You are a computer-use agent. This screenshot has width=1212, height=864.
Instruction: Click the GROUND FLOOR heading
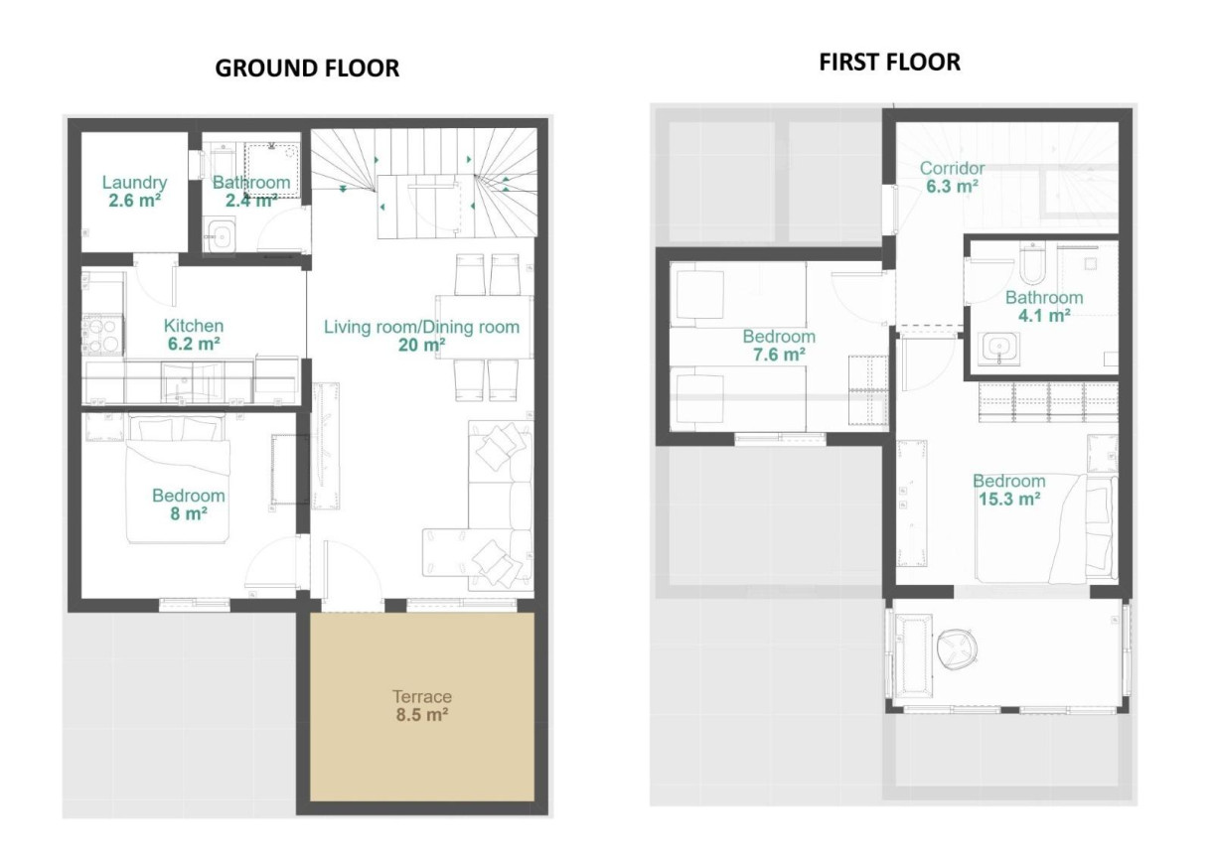(307, 69)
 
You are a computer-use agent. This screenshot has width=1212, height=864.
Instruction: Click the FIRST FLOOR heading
(889, 63)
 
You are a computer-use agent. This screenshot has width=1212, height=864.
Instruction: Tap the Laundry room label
(135, 183)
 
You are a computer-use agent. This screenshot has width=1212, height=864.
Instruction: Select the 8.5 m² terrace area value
(422, 715)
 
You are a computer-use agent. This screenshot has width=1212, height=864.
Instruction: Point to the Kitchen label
(194, 325)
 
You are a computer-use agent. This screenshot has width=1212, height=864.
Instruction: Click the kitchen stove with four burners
(102, 336)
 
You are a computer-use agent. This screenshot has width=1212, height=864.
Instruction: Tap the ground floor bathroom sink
(221, 234)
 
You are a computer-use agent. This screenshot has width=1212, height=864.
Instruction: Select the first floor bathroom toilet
(1032, 263)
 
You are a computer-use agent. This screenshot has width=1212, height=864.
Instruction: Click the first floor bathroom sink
(998, 348)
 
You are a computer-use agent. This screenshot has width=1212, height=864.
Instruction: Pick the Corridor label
(953, 168)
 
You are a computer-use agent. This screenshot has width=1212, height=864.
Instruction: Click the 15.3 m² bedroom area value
(1009, 499)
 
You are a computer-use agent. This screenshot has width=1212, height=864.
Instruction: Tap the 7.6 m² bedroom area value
(779, 355)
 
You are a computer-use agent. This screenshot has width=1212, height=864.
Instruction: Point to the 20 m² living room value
(422, 345)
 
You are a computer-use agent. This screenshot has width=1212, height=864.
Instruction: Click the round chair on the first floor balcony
(960, 648)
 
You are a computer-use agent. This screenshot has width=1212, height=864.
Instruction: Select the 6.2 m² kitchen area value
(194, 343)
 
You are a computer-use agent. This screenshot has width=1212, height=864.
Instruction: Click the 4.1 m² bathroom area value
(1044, 316)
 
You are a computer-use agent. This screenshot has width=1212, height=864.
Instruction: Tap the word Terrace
(422, 696)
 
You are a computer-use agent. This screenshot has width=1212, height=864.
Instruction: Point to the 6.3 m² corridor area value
(953, 186)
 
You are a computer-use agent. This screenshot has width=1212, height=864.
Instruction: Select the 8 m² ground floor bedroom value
(189, 512)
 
